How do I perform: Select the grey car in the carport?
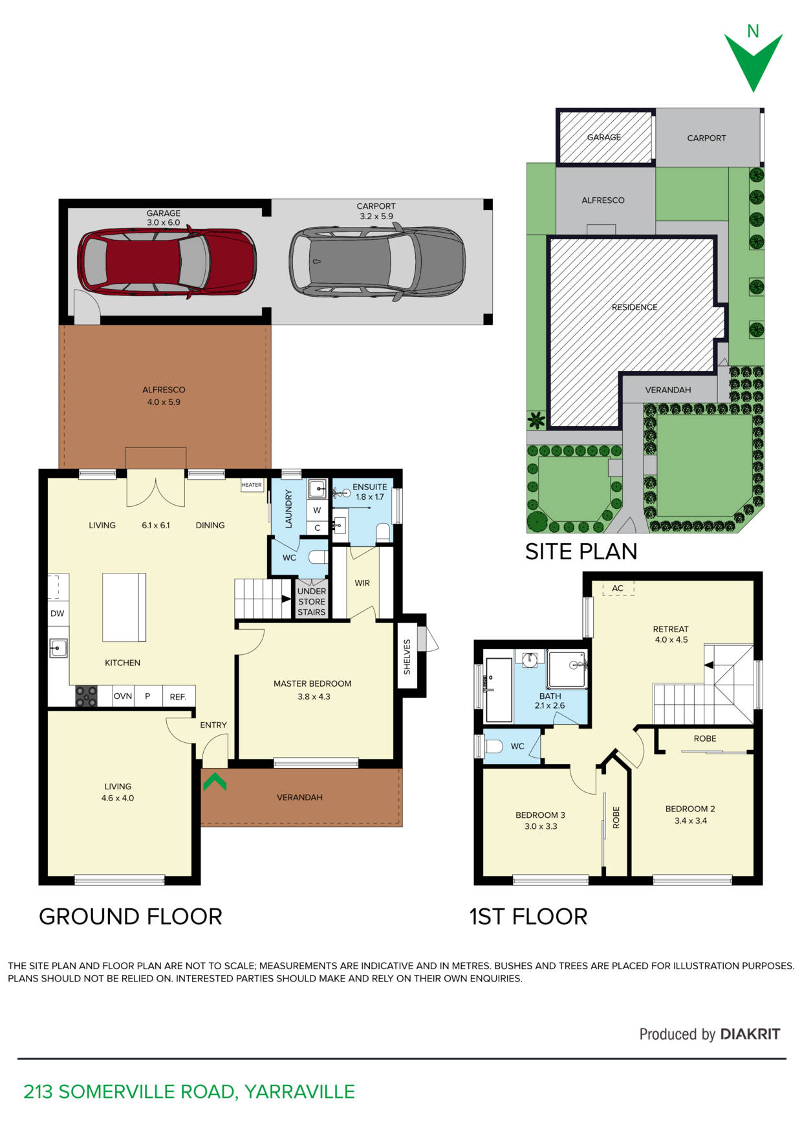(377, 261)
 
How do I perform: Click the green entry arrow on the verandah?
(214, 782)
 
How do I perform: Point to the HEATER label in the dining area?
(252, 485)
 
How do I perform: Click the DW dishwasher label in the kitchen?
(58, 614)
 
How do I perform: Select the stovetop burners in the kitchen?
(86, 696)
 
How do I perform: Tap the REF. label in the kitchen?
(178, 697)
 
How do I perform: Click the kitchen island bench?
(124, 607)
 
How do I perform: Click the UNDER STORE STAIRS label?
(312, 602)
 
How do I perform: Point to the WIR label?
(362, 583)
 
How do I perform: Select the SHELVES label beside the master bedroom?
(407, 657)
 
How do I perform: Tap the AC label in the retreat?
(618, 588)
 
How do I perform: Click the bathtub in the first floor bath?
(499, 690)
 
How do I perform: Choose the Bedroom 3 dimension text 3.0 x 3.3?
(541, 826)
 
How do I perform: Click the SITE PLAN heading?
(581, 551)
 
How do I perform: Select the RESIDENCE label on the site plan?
(634, 307)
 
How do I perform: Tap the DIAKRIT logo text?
(750, 1034)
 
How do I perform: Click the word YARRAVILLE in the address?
(299, 1092)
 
